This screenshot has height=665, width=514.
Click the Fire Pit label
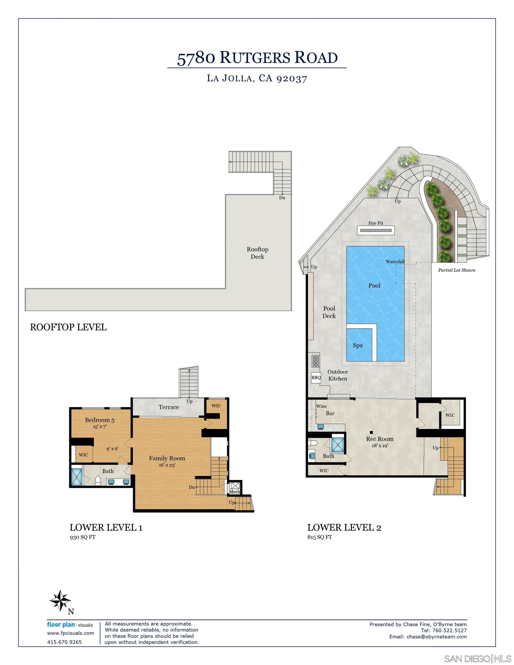tap(375, 223)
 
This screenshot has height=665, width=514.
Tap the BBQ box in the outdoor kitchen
tap(316, 378)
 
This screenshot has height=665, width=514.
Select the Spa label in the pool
tap(357, 345)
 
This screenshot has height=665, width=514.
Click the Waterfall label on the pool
tap(395, 261)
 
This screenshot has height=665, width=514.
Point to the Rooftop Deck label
tap(258, 253)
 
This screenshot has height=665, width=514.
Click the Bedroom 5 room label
tap(100, 420)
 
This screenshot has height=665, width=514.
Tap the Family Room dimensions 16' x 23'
tap(167, 465)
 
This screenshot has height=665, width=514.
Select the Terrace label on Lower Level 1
tap(168, 407)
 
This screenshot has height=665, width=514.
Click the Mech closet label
tap(234, 492)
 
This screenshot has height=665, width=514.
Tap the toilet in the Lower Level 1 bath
tap(98, 481)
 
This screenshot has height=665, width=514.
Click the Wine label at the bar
tap(321, 406)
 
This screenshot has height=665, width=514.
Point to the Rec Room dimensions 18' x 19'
tap(379, 445)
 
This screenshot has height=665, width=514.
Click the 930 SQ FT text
tap(83, 537)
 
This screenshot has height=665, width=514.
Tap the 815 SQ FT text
tap(320, 537)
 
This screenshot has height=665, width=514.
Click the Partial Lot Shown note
tap(457, 270)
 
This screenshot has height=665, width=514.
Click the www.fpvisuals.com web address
tap(70, 633)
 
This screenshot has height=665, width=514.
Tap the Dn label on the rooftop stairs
tap(282, 198)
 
